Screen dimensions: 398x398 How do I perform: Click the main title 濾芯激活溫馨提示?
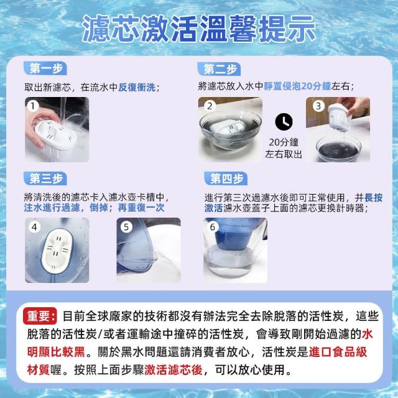[x=199, y=29]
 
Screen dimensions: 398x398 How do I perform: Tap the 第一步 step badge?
[x=45, y=68]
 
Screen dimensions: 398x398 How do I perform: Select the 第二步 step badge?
[x=220, y=69]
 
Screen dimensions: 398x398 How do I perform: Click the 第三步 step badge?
[x=45, y=178]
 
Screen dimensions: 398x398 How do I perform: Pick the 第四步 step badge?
[x=226, y=178]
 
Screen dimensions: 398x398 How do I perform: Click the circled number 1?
[x=33, y=106]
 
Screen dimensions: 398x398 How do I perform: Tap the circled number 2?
[x=210, y=106]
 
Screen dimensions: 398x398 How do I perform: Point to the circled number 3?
[x=318, y=106]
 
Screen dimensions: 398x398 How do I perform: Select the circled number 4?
[x=34, y=227]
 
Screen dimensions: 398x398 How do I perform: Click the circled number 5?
[x=126, y=227]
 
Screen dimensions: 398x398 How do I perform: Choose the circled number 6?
[x=213, y=227]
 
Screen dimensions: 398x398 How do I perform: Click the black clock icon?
[x=284, y=122]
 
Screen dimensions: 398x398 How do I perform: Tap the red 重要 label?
[x=40, y=316]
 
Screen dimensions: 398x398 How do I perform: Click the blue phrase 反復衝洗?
[x=137, y=87]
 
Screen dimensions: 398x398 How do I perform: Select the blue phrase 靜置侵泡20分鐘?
[x=297, y=86]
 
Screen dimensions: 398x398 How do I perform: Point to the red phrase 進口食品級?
[x=338, y=352]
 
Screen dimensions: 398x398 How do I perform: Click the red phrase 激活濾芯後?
[x=174, y=370]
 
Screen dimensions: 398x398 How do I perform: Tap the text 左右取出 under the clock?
[x=284, y=154]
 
